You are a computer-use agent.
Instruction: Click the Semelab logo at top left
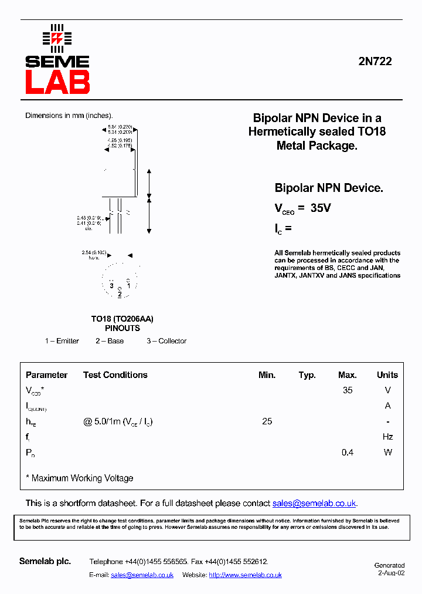click(57, 59)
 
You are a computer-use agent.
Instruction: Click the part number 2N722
click(375, 61)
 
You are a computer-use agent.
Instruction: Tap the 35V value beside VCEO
click(321, 208)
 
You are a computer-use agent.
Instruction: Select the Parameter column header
click(46, 375)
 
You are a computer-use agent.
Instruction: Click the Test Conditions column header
click(115, 375)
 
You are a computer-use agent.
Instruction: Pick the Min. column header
click(267, 375)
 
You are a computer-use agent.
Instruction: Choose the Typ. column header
click(307, 375)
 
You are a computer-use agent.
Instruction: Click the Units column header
click(387, 375)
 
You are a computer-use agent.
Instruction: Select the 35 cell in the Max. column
click(348, 390)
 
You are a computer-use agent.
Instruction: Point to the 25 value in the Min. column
click(267, 421)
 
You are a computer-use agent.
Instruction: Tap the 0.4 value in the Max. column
click(348, 453)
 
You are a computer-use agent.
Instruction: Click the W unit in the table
click(387, 453)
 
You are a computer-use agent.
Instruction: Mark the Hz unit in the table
click(387, 437)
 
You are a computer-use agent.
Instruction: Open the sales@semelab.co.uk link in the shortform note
click(314, 504)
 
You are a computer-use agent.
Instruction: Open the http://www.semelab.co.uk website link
click(245, 575)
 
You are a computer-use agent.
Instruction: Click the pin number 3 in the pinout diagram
click(111, 286)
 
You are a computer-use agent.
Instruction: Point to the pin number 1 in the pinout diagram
click(128, 286)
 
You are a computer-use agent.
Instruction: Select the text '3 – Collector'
click(166, 341)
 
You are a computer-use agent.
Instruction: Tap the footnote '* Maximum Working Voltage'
click(80, 478)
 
